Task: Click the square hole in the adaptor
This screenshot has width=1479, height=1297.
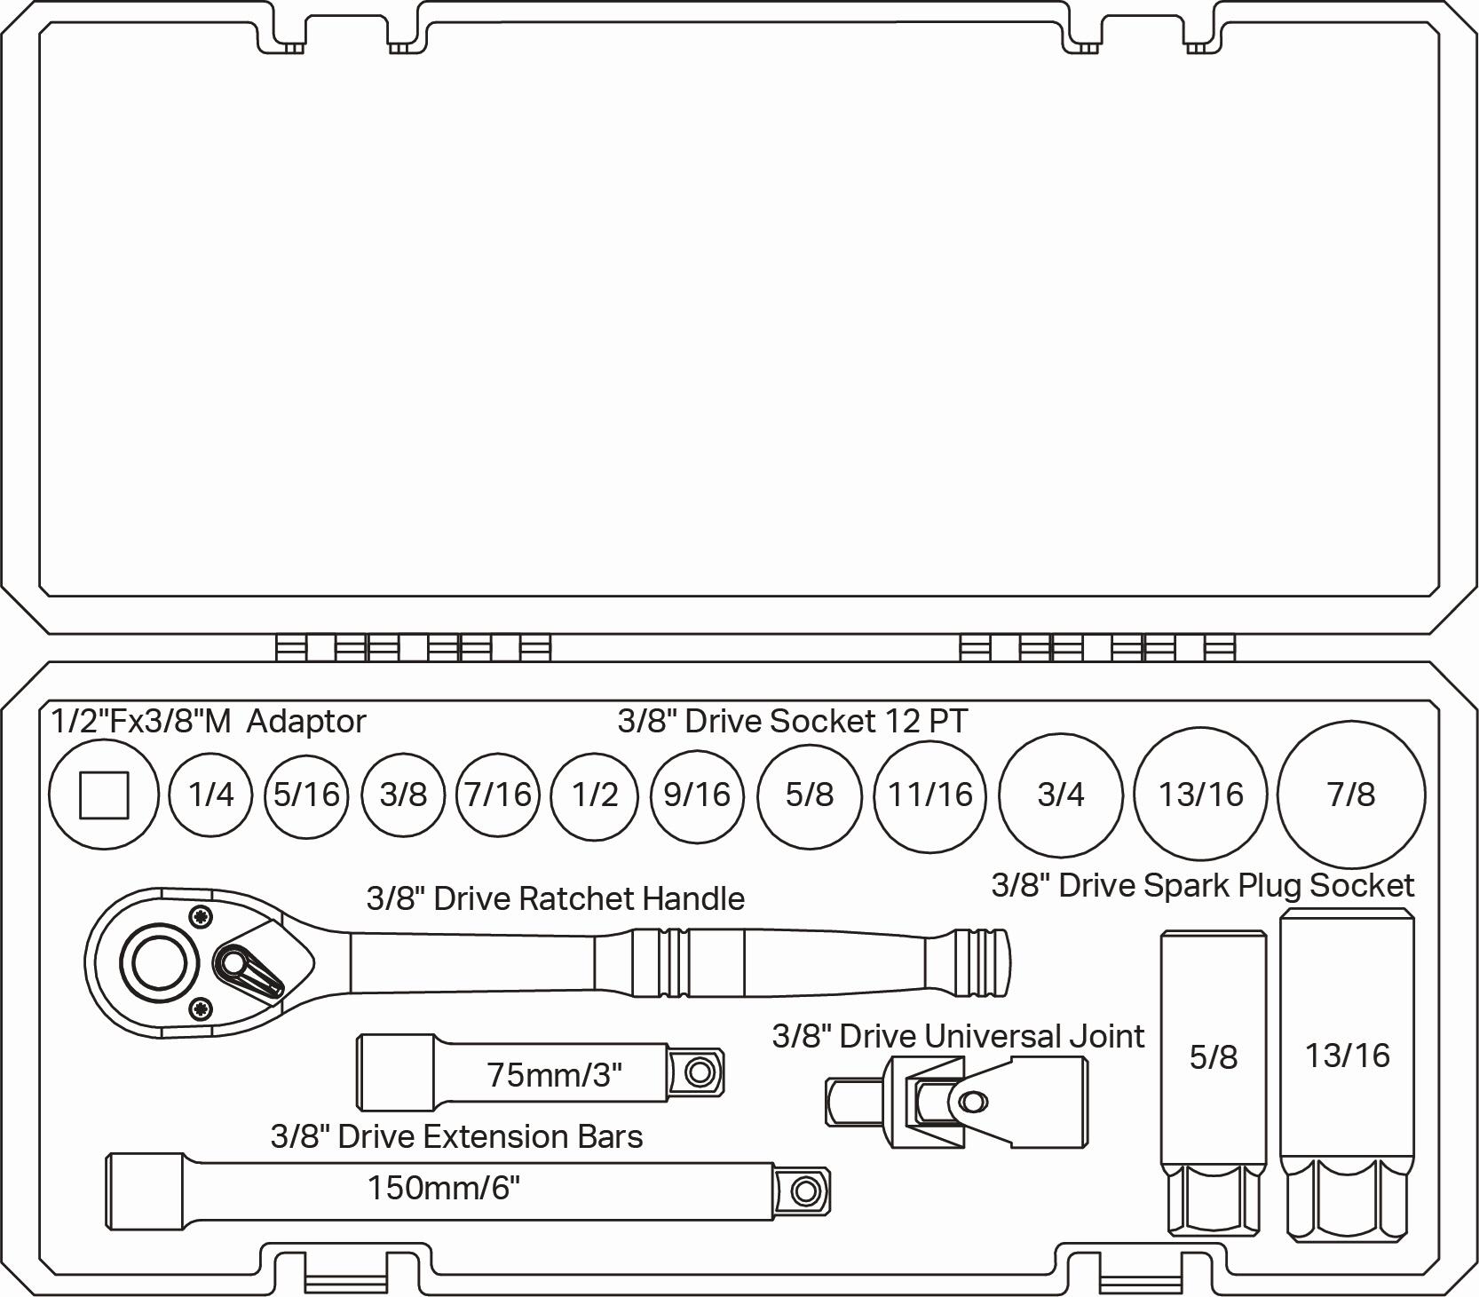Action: (104, 795)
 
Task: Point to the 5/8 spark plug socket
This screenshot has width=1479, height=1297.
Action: (1214, 1082)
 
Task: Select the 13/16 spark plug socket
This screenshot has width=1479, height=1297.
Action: (1347, 1074)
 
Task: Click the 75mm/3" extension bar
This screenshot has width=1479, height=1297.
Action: (541, 1072)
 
